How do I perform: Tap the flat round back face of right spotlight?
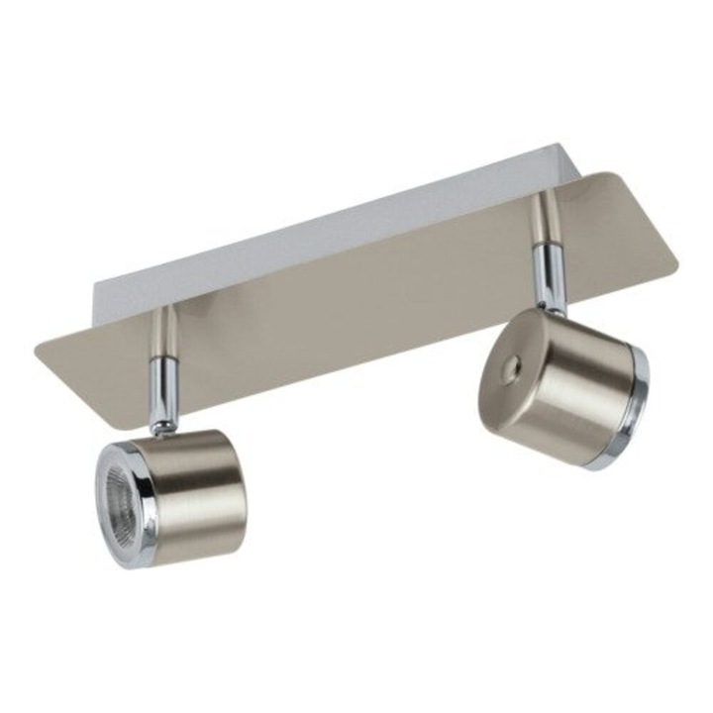(x=511, y=381)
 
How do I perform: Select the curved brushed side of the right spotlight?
(x=584, y=391)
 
